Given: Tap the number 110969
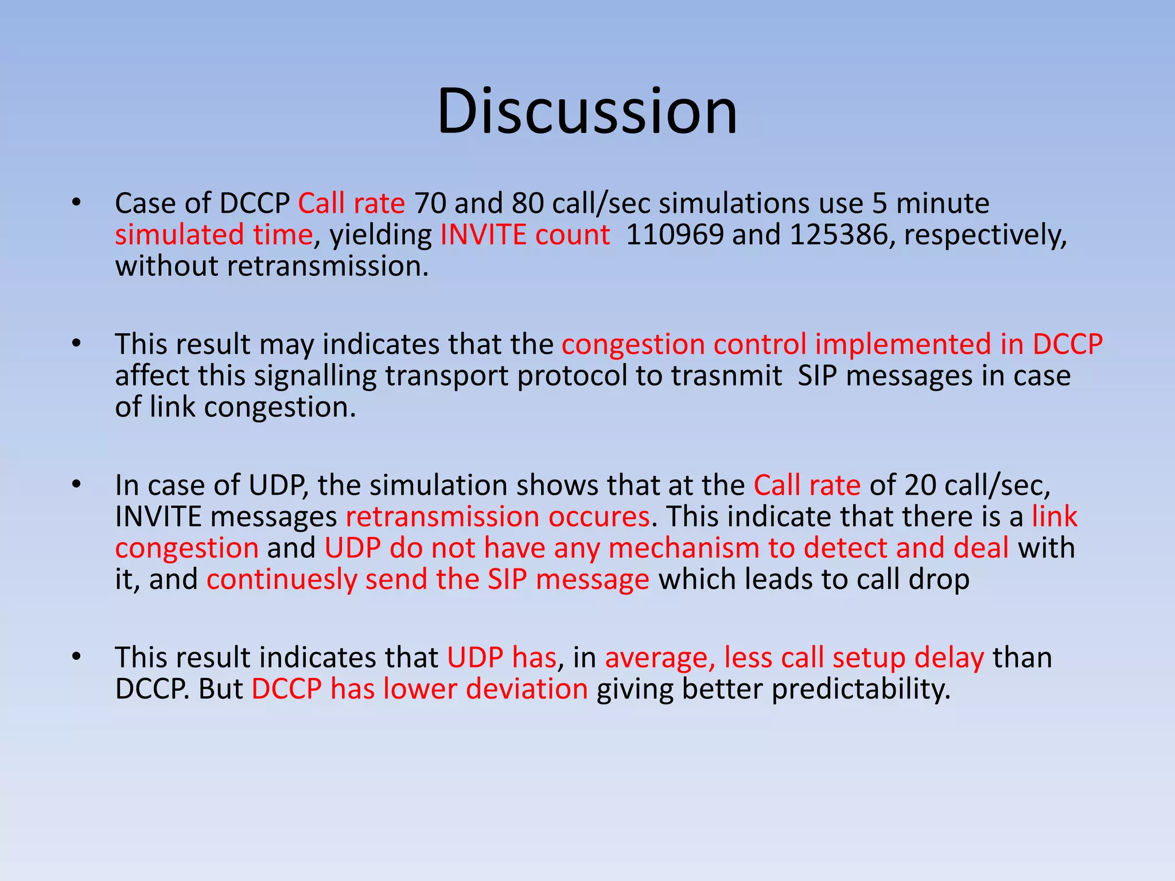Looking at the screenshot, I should [675, 235].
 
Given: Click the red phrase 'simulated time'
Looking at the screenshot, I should [213, 235].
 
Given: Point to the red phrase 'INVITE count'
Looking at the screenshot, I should [525, 235].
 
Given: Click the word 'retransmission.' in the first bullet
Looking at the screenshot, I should [328, 266].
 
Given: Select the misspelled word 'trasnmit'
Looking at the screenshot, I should [726, 376].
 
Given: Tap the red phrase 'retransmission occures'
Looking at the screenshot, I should [497, 517].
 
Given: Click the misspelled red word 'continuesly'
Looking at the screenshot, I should [281, 580].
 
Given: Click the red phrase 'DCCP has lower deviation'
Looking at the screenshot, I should [419, 689].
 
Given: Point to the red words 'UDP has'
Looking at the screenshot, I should [501, 657].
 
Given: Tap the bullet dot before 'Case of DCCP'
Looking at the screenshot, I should [76, 203].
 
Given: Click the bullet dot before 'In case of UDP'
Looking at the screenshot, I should [76, 485].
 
